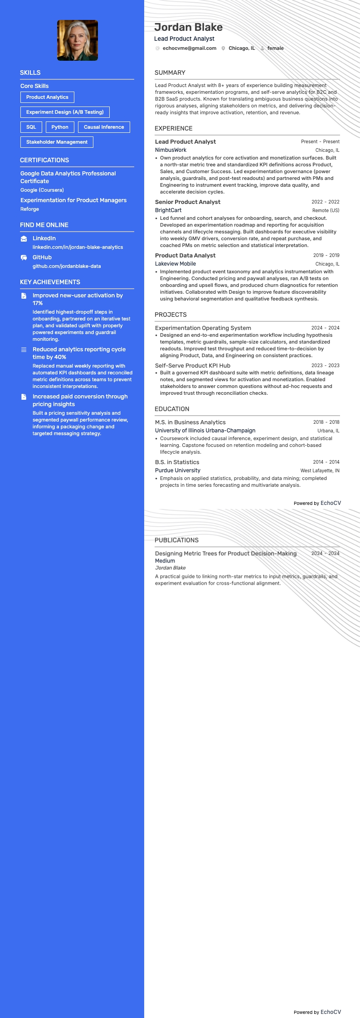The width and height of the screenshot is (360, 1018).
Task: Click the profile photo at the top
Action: click(x=77, y=40)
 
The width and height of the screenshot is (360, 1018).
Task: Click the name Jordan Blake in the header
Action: click(x=188, y=27)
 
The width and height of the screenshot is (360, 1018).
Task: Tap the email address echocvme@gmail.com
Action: click(x=189, y=48)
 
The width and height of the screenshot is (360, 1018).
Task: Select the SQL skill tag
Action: click(x=31, y=127)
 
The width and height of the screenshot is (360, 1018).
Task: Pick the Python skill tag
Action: click(x=60, y=127)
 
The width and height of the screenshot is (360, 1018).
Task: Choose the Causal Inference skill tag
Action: click(x=104, y=127)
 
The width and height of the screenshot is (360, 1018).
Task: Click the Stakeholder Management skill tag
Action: click(x=57, y=142)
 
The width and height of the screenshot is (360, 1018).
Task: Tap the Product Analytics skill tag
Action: click(x=47, y=97)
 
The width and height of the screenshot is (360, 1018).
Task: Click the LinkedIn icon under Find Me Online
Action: click(x=24, y=239)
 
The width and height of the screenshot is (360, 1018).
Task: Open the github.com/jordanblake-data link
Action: click(x=67, y=266)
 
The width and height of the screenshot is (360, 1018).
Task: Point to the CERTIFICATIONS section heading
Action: click(x=44, y=160)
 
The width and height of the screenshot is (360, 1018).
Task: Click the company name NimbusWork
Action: click(x=170, y=150)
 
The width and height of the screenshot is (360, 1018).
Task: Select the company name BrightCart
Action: click(x=168, y=210)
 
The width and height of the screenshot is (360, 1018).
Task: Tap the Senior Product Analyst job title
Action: click(x=188, y=202)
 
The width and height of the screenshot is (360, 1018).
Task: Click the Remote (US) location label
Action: click(x=326, y=210)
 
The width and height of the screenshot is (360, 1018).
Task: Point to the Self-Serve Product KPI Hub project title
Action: click(x=193, y=365)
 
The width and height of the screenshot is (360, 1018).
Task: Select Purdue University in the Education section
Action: click(x=178, y=470)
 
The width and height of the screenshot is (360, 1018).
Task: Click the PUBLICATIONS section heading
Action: click(x=176, y=540)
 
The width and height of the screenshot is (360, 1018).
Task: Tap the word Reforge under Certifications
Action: click(x=29, y=209)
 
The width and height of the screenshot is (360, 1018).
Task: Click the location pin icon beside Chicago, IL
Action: click(x=224, y=48)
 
